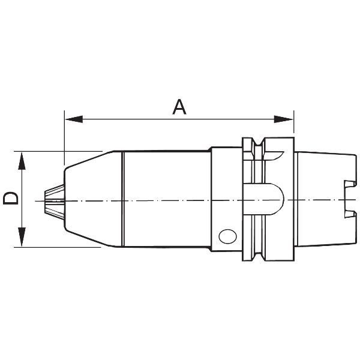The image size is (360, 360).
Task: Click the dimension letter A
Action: pyautogui.click(x=179, y=107)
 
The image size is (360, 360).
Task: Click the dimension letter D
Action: pyautogui.click(x=10, y=199)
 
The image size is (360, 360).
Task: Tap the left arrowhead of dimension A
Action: pyautogui.click(x=74, y=119)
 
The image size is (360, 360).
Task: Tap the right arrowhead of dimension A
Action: pyautogui.click(x=284, y=119)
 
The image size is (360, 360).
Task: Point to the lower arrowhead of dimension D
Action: pyautogui.click(x=22, y=237)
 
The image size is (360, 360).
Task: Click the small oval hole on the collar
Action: pyautogui.click(x=228, y=236)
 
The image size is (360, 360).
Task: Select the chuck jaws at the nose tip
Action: pyautogui.click(x=54, y=201)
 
